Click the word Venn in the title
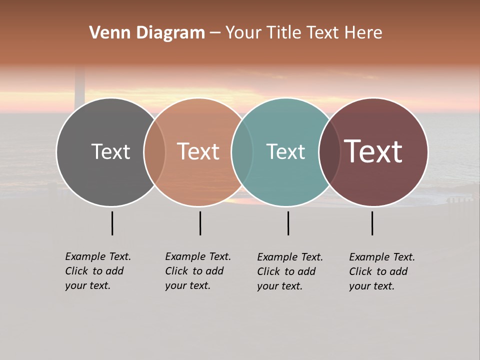[106, 33]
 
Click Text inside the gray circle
[110, 152]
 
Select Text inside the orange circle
[198, 151]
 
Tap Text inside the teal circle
[285, 152]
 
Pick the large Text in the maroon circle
[373, 151]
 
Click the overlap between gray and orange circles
[154, 152]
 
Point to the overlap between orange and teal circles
[242, 152]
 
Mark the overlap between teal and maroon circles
[329, 152]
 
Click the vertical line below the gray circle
[112, 223]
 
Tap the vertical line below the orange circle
[200, 223]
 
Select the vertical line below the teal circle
[288, 223]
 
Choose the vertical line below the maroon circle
[372, 223]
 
